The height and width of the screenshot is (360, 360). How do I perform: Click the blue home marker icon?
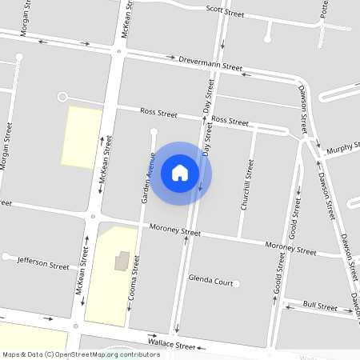click(x=180, y=172)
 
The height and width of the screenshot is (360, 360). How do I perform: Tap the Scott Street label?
click(x=225, y=11)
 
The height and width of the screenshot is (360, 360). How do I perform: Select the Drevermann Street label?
click(x=210, y=63)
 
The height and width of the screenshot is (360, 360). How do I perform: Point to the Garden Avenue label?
click(x=148, y=176)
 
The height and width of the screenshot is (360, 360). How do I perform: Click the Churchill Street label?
click(x=248, y=185)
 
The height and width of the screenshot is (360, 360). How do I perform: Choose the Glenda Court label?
click(x=210, y=282)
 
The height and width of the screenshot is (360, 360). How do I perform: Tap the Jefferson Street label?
click(x=43, y=262)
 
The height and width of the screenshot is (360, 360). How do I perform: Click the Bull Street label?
click(x=320, y=306)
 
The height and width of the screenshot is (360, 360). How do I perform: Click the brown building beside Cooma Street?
click(x=122, y=261)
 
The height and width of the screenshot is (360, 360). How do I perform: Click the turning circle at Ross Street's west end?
click(x=62, y=97)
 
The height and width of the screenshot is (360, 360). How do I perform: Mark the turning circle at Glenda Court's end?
click(x=237, y=282)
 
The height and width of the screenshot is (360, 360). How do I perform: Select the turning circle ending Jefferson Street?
click(x=6, y=257)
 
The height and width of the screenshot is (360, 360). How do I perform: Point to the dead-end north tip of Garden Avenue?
click(x=154, y=130)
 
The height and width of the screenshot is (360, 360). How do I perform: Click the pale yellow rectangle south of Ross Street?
click(x=82, y=137)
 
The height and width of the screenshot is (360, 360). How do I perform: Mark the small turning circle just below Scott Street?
click(x=268, y=37)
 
